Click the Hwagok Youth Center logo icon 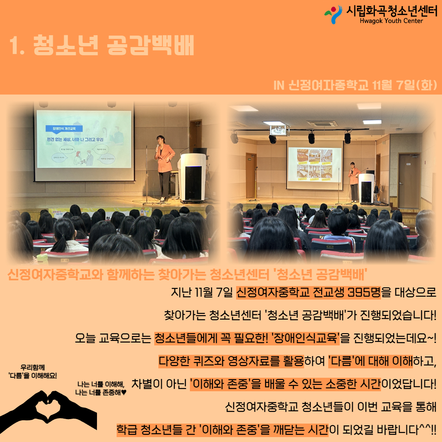pos(333,14)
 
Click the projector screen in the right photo pos(314,165)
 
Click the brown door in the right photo pos(409,180)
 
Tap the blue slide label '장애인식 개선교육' pos(64,129)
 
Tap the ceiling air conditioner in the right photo pos(322,123)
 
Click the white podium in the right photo pos(366,188)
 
